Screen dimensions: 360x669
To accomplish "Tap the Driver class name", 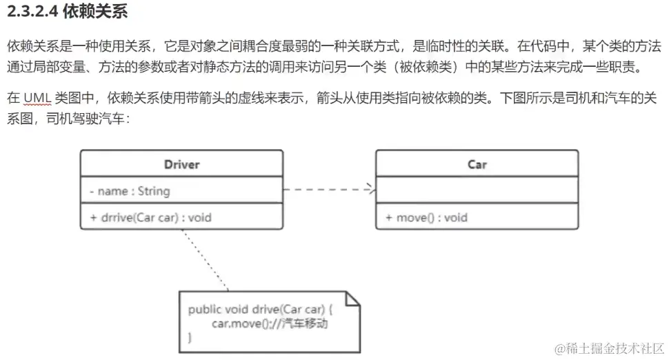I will [181, 164].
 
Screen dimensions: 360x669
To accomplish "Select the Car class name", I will [477, 164].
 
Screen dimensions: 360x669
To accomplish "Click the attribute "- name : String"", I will [130, 191].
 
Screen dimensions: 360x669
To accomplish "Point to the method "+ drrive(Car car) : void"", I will [150, 217].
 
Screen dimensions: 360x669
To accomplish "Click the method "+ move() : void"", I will [426, 217].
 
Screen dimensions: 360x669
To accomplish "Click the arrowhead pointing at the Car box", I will [371, 188].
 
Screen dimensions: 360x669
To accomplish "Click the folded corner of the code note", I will [352, 298].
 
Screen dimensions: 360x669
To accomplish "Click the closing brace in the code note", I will [190, 337].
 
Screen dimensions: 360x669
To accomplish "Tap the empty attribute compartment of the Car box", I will [477, 190].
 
